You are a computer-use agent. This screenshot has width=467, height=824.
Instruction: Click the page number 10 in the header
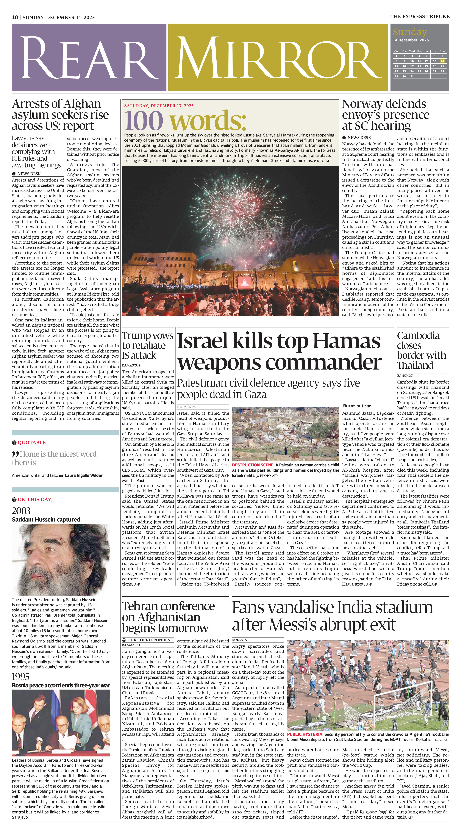coord(15,17)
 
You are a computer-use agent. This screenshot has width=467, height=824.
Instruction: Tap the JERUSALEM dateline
coord(186,407)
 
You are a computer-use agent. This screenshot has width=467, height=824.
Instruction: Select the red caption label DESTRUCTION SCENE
coord(253,465)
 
